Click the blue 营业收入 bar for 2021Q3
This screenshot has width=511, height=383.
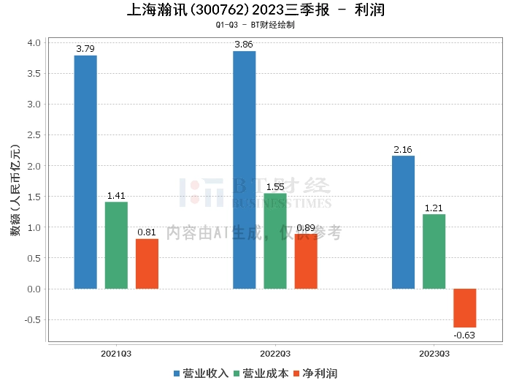[x=85, y=172]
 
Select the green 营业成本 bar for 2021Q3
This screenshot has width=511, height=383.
[x=116, y=245]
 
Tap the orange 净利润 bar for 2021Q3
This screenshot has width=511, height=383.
[x=147, y=263]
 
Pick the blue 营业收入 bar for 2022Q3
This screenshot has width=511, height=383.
[x=244, y=170]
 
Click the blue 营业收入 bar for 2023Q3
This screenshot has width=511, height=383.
[x=403, y=222]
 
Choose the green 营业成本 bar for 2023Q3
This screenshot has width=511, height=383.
[x=434, y=251]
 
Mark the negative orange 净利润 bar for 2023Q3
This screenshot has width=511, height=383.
[x=464, y=308]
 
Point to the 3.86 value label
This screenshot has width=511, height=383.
[x=244, y=45]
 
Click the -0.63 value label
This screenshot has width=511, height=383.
[x=464, y=335]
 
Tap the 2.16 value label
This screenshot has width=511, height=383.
[x=403, y=150]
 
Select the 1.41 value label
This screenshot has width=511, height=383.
[x=116, y=196]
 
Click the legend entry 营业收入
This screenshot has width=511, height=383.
[x=201, y=373]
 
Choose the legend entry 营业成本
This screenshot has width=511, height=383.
[x=261, y=373]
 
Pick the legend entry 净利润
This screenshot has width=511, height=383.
[x=315, y=373]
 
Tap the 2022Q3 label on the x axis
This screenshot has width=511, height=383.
[x=275, y=353]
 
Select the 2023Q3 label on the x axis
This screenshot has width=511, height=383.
[x=434, y=353]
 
